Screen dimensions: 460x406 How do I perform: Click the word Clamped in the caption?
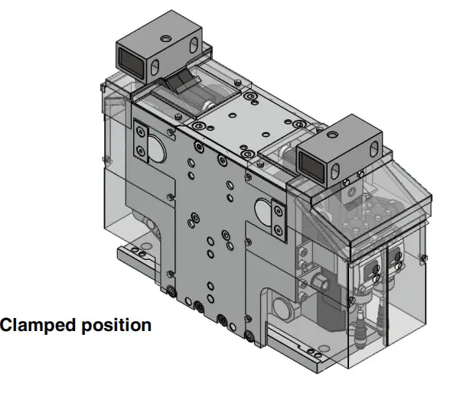[x=38, y=325]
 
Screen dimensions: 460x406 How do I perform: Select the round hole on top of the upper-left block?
[x=166, y=38]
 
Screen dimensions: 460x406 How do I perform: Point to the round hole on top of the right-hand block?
[x=332, y=135]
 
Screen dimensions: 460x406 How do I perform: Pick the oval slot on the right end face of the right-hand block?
[x=374, y=148]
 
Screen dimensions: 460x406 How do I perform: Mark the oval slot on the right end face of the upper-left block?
[x=194, y=45]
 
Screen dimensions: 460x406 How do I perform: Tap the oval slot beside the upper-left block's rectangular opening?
[x=155, y=67]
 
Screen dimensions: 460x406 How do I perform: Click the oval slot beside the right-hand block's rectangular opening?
[x=334, y=171]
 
